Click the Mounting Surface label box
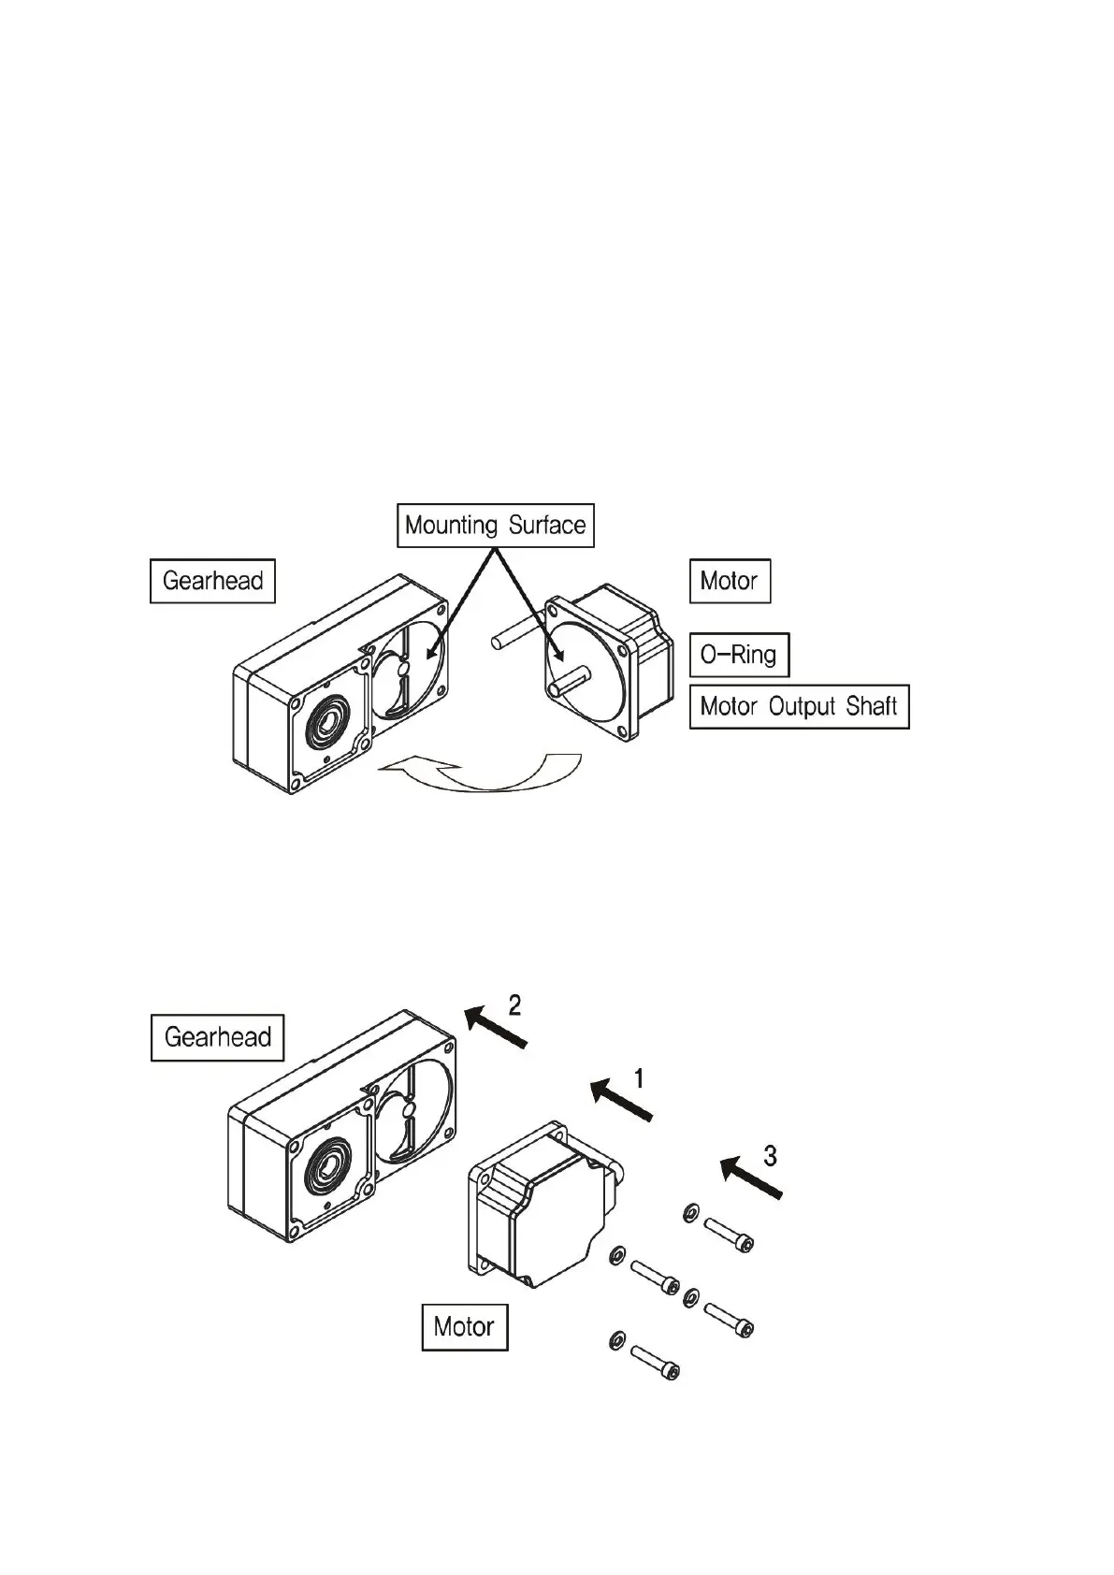pos(495,526)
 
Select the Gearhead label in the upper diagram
pos(212,581)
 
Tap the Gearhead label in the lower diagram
pos(217,1037)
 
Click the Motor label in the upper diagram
pos(729,581)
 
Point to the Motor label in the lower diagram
pos(464,1327)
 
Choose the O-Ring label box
pos(738,655)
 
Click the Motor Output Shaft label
pos(798,706)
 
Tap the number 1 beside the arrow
pos(639,1079)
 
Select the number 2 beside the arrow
pos(514,1005)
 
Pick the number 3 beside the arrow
pos(770,1156)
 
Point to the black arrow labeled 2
pos(497,1028)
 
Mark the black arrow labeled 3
pos(751,1178)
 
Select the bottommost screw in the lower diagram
pos(655,1362)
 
